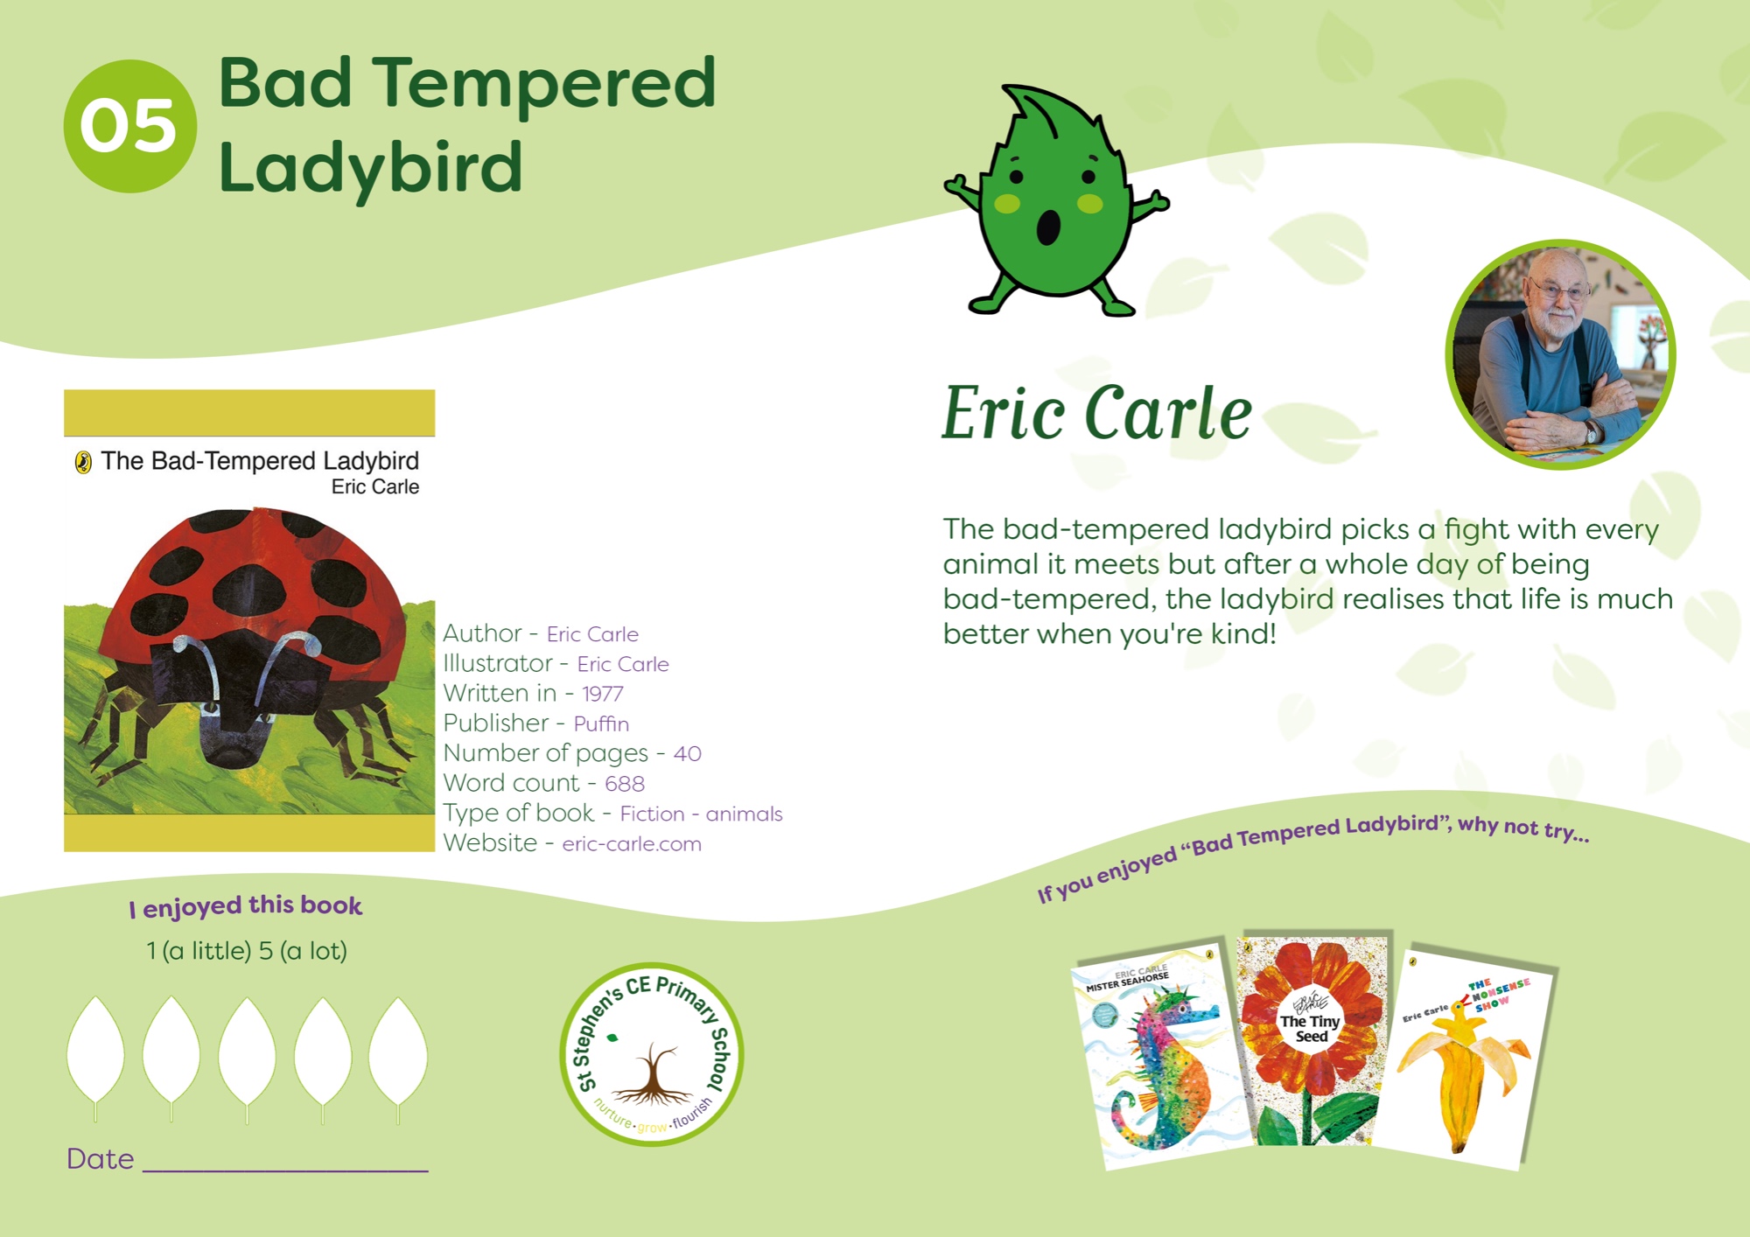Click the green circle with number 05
click(129, 126)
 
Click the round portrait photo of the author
click(1560, 354)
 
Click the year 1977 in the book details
click(603, 694)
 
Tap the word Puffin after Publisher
click(601, 723)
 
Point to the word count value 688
click(625, 784)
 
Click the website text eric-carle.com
click(632, 844)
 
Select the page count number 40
click(688, 753)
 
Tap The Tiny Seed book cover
click(1312, 1041)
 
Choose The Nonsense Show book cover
click(1465, 1059)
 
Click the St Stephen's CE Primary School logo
click(652, 1054)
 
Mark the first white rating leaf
click(95, 1051)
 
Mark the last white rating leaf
click(398, 1051)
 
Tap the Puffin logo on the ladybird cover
click(83, 462)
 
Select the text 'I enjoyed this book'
click(246, 906)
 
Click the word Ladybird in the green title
click(371, 168)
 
